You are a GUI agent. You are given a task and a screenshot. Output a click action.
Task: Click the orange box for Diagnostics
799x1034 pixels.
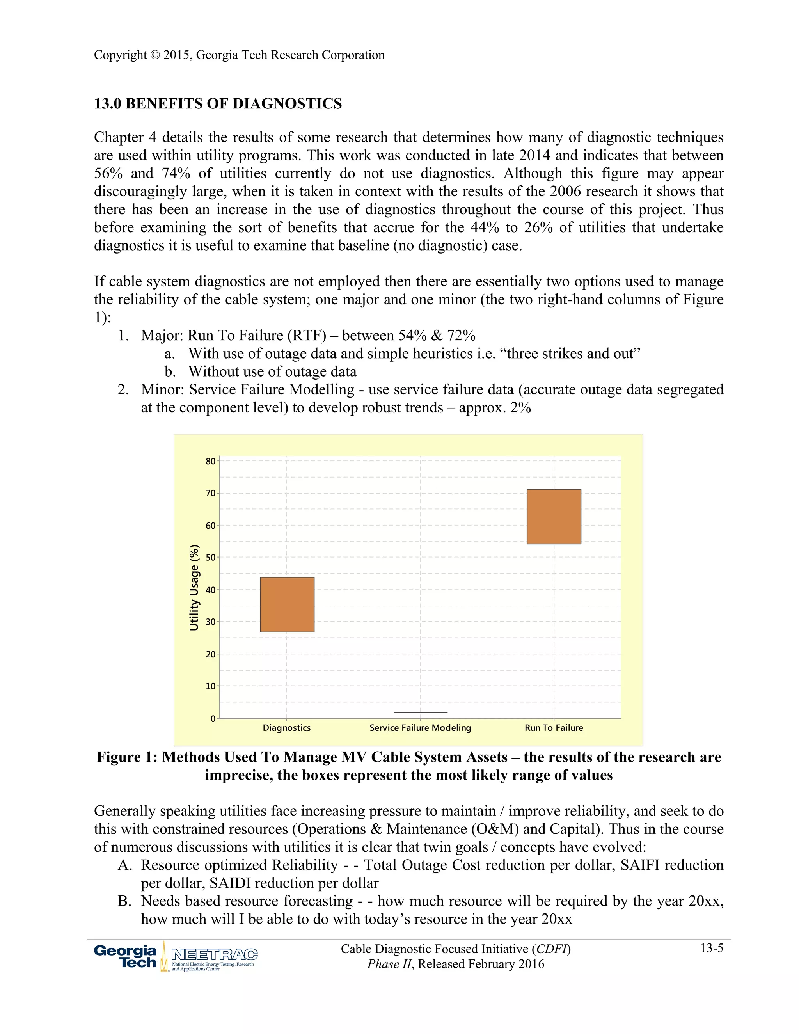pyautogui.click(x=287, y=604)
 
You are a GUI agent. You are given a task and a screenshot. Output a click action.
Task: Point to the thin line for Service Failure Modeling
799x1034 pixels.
pyautogui.click(x=420, y=712)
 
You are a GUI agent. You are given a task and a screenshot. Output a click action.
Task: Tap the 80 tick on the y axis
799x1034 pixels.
pyautogui.click(x=211, y=461)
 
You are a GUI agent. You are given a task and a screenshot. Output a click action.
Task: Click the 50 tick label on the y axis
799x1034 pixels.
pyautogui.click(x=211, y=557)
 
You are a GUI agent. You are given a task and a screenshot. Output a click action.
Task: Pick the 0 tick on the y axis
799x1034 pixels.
pyautogui.click(x=213, y=719)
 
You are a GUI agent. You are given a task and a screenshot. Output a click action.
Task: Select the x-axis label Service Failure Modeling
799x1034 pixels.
pyautogui.click(x=420, y=728)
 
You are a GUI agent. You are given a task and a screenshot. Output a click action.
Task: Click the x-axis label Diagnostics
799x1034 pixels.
pyautogui.click(x=286, y=728)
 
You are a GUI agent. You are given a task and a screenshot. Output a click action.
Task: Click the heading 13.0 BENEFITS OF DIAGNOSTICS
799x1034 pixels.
pyautogui.click(x=218, y=104)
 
